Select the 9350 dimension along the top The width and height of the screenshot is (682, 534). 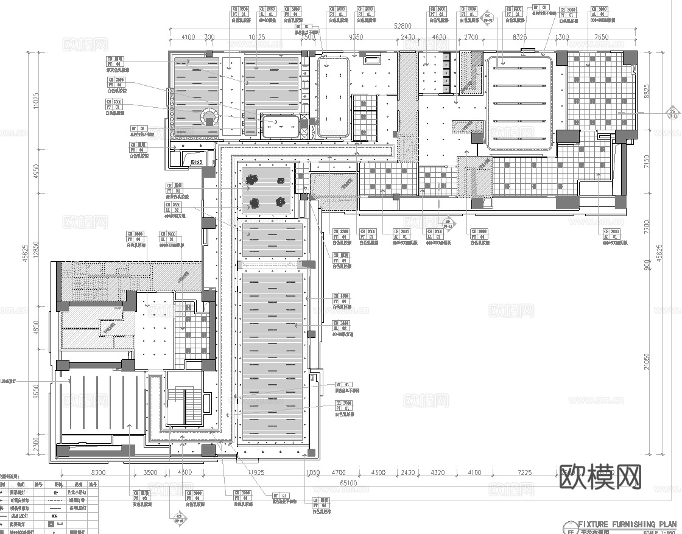pyautogui.click(x=356, y=37)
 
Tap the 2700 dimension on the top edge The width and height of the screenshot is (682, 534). pyautogui.click(x=471, y=37)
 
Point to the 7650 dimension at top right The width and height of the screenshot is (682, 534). pyautogui.click(x=601, y=37)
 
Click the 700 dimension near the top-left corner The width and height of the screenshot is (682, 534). pyautogui.click(x=209, y=37)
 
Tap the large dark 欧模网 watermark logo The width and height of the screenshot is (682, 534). pyautogui.click(x=600, y=477)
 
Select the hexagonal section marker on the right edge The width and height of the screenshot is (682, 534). pyautogui.click(x=673, y=113)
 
